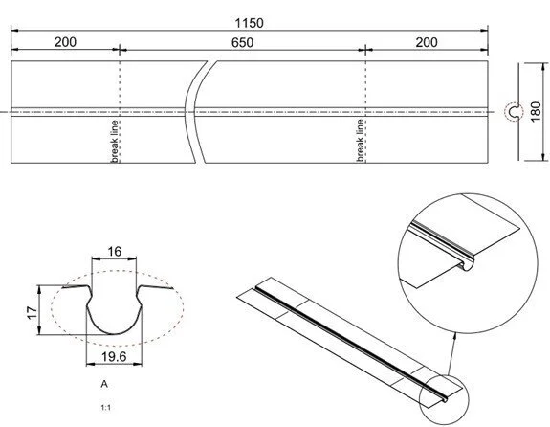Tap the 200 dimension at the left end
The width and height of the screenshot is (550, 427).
point(66,43)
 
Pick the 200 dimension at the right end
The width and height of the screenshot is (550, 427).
point(429,43)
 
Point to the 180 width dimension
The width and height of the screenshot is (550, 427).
point(537,112)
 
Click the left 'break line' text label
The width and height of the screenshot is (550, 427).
point(114,141)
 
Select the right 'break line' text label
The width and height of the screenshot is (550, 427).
point(361,141)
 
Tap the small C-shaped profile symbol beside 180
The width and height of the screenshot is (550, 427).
point(513,113)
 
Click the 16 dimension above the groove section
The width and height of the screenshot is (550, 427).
point(114,252)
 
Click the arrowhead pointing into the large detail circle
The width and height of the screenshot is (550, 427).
point(454,334)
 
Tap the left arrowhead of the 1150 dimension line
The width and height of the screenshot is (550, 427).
point(15,32)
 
